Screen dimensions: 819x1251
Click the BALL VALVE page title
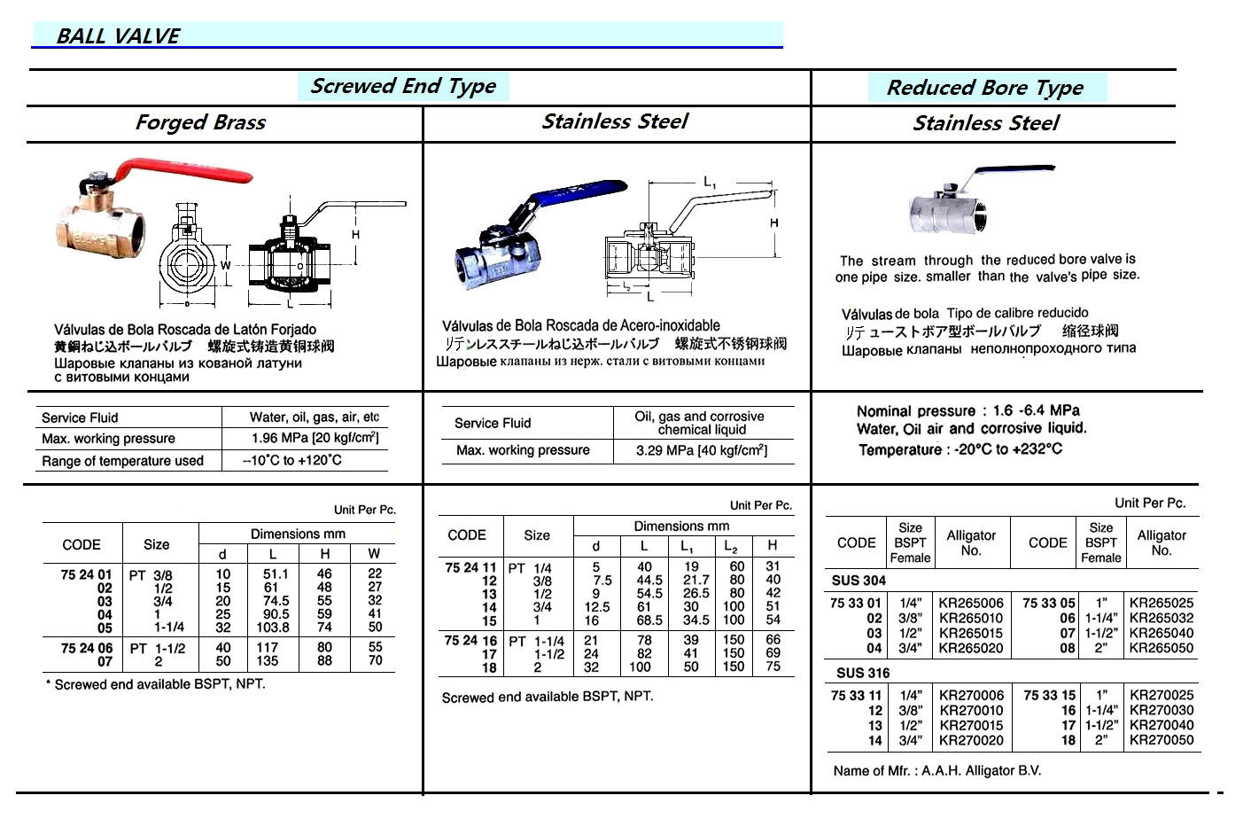click(x=118, y=36)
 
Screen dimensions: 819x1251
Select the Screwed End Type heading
click(x=403, y=86)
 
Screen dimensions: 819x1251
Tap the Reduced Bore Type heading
click(x=984, y=88)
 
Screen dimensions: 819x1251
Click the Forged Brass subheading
click(x=200, y=122)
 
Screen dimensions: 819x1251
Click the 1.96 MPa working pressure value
click(x=315, y=438)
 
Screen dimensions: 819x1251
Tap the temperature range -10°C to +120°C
click(x=292, y=460)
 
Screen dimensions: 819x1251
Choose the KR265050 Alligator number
click(x=1162, y=648)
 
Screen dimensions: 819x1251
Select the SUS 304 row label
click(x=859, y=581)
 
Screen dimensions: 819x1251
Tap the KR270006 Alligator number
click(x=971, y=696)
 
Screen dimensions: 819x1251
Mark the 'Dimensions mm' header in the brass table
click(x=298, y=534)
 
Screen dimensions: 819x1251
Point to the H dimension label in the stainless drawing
click(x=773, y=222)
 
